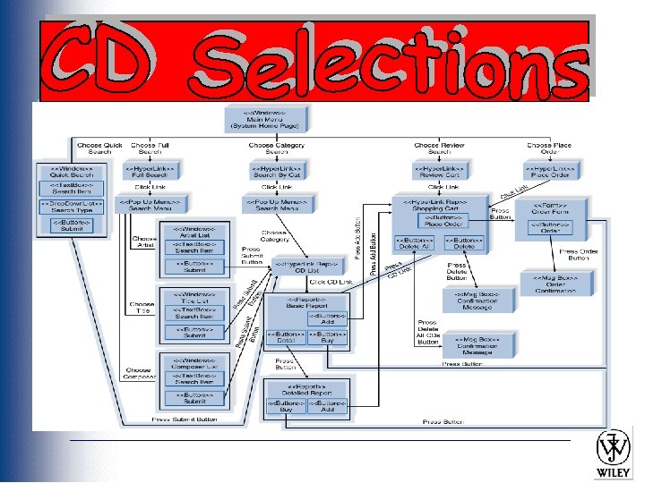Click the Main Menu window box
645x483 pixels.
[x=265, y=117]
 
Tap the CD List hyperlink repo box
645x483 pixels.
[x=306, y=267]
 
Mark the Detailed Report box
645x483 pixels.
[x=307, y=392]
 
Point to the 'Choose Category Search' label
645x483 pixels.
[x=276, y=148]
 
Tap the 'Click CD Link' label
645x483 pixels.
[x=331, y=282]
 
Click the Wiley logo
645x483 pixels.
[x=614, y=453]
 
